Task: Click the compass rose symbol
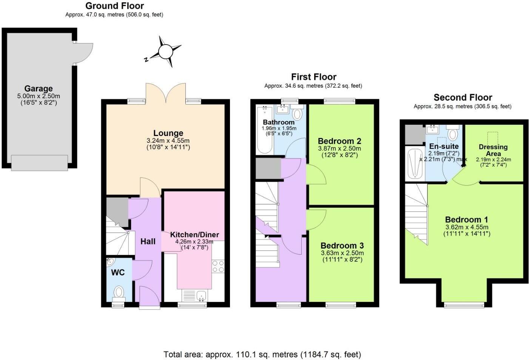165,51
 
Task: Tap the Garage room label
39,89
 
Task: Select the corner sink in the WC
111,261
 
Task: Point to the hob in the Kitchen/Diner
218,266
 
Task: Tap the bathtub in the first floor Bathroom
265,130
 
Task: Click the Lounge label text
168,133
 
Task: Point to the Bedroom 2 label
339,141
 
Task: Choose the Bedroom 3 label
342,246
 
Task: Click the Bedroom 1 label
466,219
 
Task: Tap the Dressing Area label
493,150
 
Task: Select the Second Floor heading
463,97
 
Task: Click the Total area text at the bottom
262,354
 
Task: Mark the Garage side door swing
83,53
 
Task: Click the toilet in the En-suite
452,134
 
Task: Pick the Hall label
148,241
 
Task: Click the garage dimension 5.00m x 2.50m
39,96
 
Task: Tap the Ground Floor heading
114,6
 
